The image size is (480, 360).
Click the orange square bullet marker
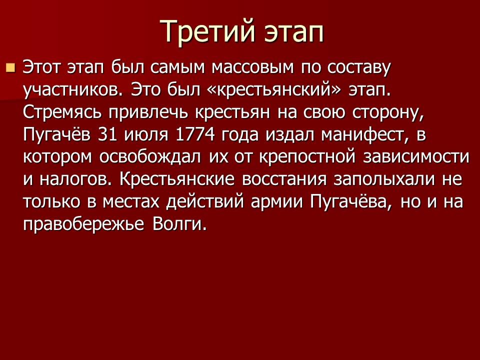click(x=10, y=67)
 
